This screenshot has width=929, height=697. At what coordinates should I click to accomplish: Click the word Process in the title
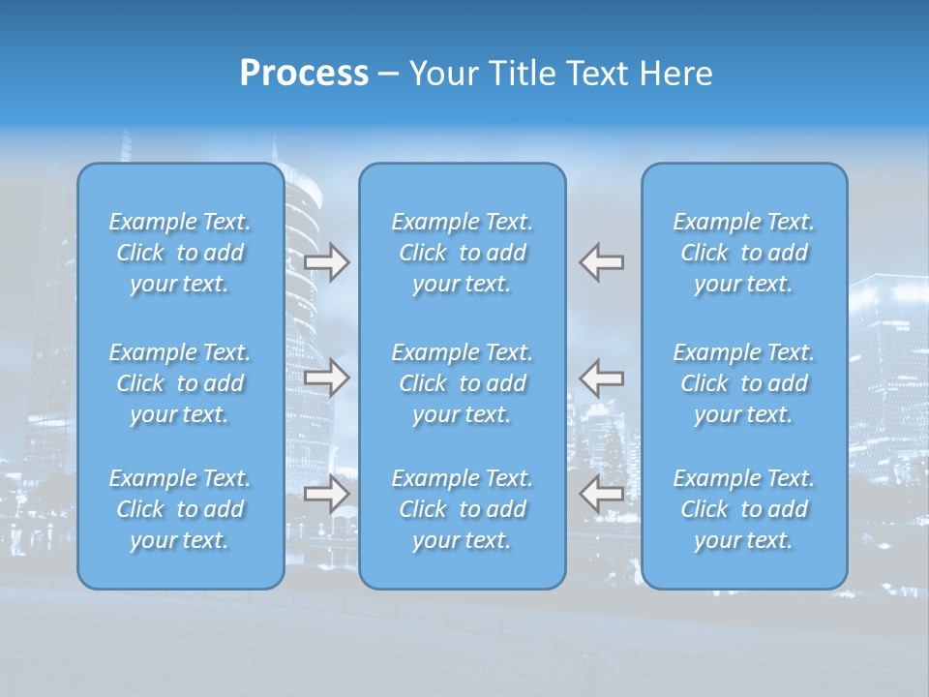click(x=304, y=74)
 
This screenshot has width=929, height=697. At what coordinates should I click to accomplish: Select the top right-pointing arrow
click(x=326, y=262)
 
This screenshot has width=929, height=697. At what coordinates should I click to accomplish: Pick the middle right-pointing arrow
click(x=326, y=378)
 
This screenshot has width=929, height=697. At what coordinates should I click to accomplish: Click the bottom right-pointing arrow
click(x=326, y=494)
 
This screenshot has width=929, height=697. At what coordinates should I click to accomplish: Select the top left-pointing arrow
click(x=602, y=262)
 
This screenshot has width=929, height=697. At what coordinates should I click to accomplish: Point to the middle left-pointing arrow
click(x=602, y=378)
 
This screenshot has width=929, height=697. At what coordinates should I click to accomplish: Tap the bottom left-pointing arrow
click(x=602, y=494)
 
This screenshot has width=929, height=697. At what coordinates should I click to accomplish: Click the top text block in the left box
click(x=180, y=253)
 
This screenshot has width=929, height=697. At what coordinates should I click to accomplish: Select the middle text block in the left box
click(x=180, y=383)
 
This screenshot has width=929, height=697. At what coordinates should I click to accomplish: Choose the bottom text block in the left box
click(x=180, y=509)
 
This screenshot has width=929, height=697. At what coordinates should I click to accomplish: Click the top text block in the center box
click(x=463, y=253)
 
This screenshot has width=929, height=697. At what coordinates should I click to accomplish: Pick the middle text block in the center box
click(x=463, y=383)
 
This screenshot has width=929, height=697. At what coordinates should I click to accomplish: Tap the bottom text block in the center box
click(x=463, y=509)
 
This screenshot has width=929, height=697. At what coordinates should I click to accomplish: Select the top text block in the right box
click(x=744, y=253)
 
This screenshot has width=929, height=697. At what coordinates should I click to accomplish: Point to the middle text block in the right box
click(x=744, y=383)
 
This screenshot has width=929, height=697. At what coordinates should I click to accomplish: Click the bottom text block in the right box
click(x=744, y=509)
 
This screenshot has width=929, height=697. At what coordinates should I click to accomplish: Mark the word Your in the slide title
click(x=441, y=74)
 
